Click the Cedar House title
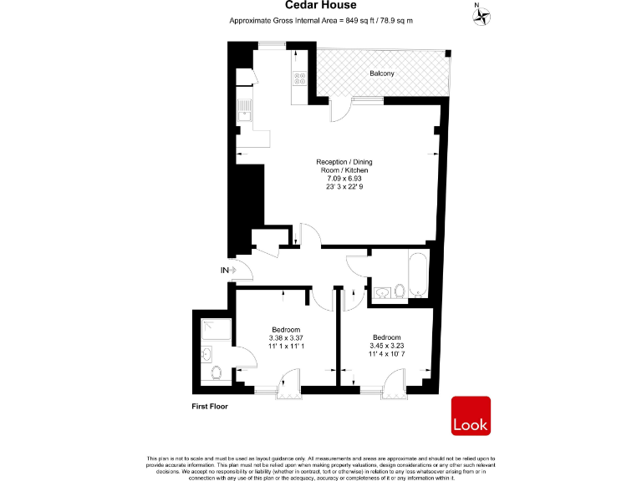coord(321,6)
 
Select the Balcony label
coord(382,73)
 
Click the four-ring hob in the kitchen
coord(298,78)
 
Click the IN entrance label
coord(224,270)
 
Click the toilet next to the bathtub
coord(400,291)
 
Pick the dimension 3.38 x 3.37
coord(287,337)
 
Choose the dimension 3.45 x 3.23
coord(386,345)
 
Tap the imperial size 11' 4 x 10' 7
coord(386,352)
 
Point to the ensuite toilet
coord(216,372)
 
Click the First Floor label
coord(209,406)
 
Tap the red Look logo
coord(471,416)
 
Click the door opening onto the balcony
coord(340,109)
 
